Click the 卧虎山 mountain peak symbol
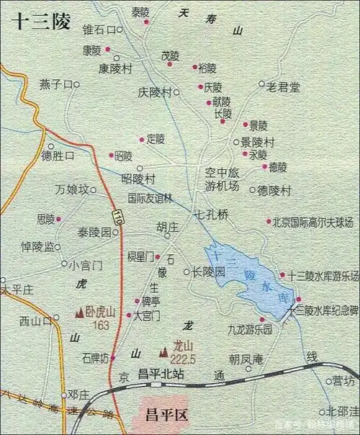pos(79,313)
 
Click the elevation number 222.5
pos(184,359)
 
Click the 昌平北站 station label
pos(161,374)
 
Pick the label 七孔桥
pos(212,215)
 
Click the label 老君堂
pos(283,86)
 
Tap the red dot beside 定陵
pos(142,139)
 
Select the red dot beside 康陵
pos(108,50)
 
